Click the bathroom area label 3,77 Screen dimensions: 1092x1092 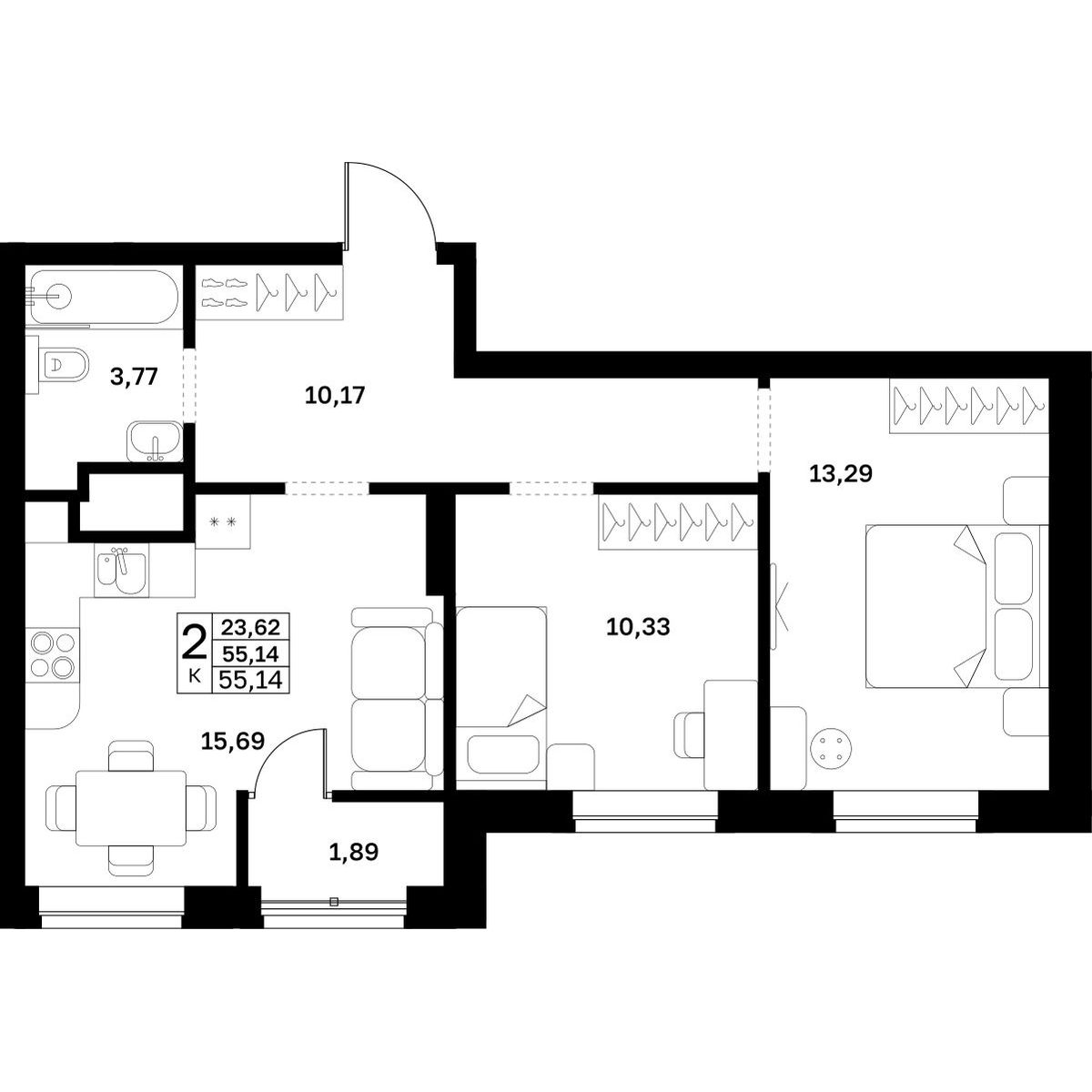click(134, 376)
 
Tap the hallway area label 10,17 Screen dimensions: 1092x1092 click(334, 395)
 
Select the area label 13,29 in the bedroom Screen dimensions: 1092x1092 click(841, 472)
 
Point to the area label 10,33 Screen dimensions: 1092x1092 click(638, 627)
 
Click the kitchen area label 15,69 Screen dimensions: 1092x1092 click(233, 741)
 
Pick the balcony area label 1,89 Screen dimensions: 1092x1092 click(354, 852)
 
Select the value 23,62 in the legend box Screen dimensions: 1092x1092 click(250, 627)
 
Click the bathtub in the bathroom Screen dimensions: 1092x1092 click(105, 297)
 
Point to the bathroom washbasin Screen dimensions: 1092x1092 click(155, 441)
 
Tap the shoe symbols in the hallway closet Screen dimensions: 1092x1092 click(226, 292)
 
